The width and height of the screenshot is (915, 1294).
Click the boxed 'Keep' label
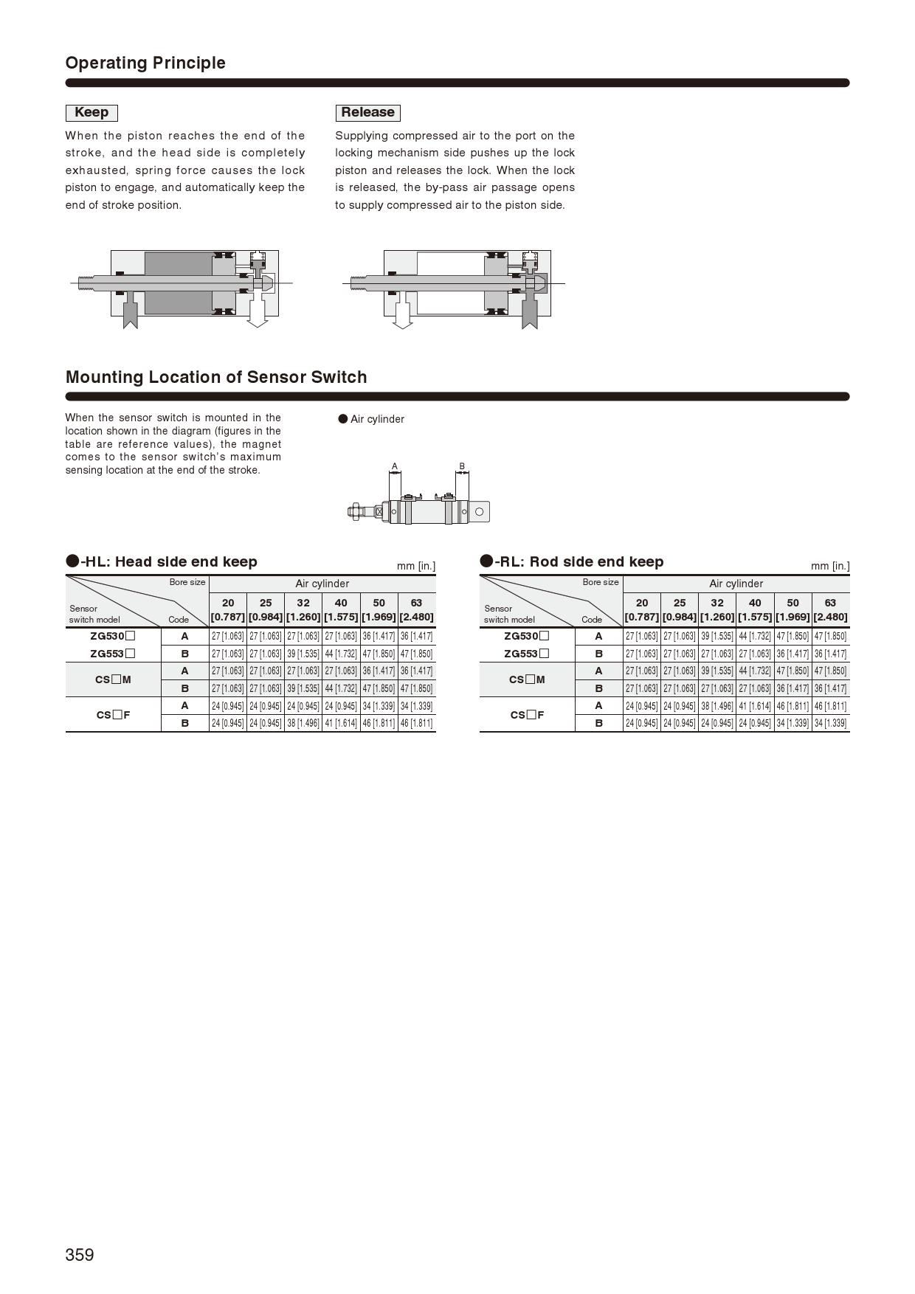point(91,112)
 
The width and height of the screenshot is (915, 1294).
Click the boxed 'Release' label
point(367,112)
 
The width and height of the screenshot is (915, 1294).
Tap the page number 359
point(80,1254)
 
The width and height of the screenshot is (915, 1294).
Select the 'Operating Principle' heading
point(145,63)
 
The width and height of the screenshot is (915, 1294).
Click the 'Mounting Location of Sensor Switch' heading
point(216,377)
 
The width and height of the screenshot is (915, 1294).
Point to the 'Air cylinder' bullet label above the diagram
point(376,419)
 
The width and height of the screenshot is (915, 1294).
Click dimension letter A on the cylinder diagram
point(395,466)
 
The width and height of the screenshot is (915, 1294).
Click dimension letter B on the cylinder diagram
point(462,466)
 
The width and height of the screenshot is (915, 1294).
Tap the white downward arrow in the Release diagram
point(402,313)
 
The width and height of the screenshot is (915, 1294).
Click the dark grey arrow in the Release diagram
point(529,313)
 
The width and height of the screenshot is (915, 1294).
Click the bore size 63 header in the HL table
point(416,609)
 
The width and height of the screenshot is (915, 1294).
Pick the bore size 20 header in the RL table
point(642,609)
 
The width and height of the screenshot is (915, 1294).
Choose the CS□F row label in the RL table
point(527,714)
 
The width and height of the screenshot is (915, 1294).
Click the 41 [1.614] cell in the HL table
point(341,723)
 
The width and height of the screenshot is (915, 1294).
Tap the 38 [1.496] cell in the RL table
point(717,706)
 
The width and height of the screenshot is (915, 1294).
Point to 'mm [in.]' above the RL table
point(829,566)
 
